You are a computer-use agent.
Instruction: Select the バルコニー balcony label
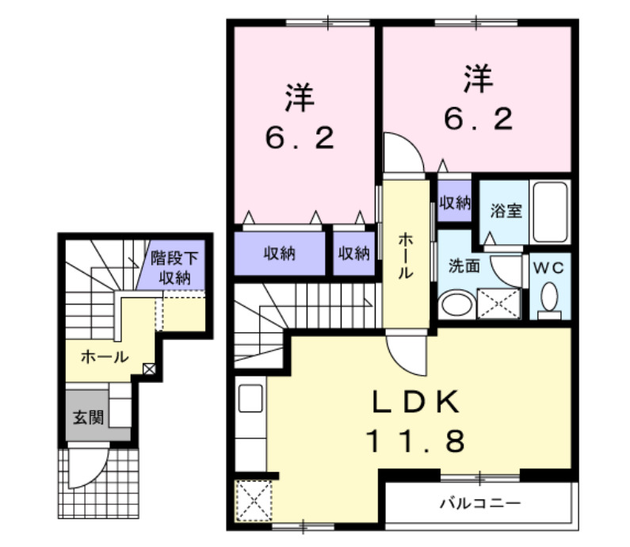479,503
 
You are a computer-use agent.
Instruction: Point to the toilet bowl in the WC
548,298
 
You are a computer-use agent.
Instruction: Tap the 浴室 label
506,212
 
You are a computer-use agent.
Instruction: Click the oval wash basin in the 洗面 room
455,304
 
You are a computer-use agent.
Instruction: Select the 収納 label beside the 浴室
455,203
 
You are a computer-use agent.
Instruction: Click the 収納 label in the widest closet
280,254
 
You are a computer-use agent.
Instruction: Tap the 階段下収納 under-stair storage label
174,268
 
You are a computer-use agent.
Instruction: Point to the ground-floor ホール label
105,357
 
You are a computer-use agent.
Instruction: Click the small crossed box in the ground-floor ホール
148,369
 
